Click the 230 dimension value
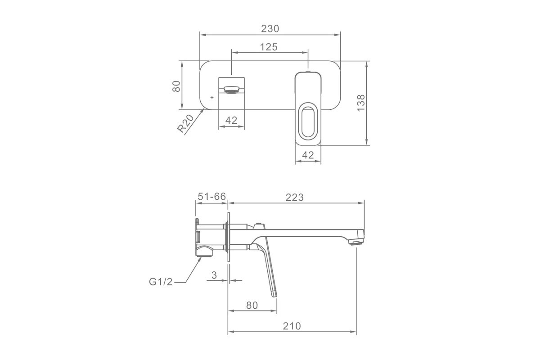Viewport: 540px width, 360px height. (x=270, y=29)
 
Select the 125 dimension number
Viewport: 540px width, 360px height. (x=269, y=47)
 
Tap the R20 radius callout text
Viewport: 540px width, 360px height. (x=185, y=124)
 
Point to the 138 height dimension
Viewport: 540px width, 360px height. (x=361, y=103)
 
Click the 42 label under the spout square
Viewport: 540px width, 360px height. (x=231, y=120)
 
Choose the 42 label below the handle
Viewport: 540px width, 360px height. (x=308, y=155)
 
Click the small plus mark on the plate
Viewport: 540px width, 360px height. (x=212, y=97)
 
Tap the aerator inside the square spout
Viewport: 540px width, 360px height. (x=231, y=90)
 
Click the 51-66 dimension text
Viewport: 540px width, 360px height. (x=211, y=197)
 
